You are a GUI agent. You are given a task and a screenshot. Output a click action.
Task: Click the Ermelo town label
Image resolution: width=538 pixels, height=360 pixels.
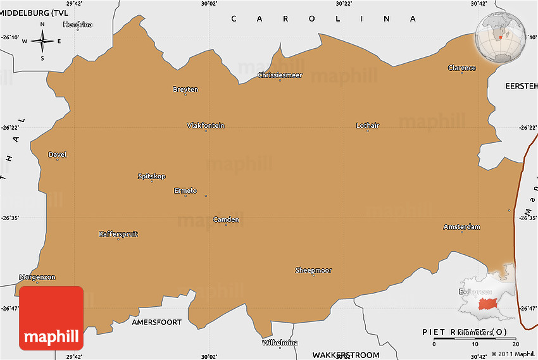(x=185, y=190)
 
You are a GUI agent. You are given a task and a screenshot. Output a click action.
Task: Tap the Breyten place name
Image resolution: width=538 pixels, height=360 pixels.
(x=185, y=89)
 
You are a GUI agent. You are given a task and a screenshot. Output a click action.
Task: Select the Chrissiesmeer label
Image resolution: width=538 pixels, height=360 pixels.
(x=280, y=75)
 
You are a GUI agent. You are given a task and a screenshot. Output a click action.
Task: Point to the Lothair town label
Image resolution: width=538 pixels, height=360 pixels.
(x=368, y=125)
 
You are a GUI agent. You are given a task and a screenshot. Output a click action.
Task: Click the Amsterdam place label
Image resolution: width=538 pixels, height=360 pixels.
(x=461, y=227)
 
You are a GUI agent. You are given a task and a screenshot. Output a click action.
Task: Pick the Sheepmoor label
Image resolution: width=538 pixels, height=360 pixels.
(x=313, y=270)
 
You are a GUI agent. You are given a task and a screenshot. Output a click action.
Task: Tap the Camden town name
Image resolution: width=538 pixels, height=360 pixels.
(x=226, y=220)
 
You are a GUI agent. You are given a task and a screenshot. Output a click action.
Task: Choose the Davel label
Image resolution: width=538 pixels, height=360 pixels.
(x=57, y=154)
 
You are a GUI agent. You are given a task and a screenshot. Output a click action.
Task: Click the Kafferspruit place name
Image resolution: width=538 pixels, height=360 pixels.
(x=118, y=234)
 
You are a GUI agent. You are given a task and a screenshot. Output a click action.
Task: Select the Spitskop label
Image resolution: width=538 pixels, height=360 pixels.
(x=151, y=176)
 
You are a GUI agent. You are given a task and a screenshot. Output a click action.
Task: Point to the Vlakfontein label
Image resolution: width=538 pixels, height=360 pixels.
(x=206, y=125)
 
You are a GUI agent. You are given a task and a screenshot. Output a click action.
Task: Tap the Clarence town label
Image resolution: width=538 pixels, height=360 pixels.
(x=461, y=68)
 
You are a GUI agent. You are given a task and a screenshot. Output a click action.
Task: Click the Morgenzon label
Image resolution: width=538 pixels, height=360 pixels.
(x=37, y=277)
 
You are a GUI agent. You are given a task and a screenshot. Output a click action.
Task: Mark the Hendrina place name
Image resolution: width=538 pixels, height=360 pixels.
(x=77, y=25)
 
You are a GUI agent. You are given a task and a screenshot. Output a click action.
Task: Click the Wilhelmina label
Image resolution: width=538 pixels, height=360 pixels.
(x=280, y=342)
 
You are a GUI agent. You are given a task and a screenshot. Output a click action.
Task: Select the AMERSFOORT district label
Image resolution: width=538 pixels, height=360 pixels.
(x=156, y=322)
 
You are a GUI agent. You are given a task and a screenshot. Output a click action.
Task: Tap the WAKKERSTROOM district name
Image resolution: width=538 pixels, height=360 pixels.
(x=346, y=355)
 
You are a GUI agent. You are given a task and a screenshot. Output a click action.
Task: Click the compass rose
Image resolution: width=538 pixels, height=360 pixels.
(x=42, y=42)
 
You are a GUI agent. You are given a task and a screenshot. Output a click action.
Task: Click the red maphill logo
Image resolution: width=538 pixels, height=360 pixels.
(x=51, y=318)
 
